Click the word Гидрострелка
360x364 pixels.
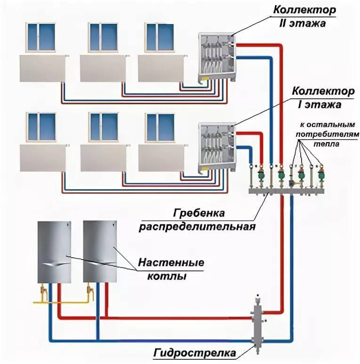(194, 353)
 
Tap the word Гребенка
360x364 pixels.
(199, 213)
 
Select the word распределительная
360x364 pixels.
(197, 226)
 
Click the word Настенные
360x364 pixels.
(171, 262)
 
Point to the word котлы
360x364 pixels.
(167, 276)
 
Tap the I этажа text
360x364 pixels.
(320, 105)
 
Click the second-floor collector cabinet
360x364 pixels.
(217, 56)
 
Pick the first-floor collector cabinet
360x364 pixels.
(217, 147)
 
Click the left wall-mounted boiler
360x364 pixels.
(54, 252)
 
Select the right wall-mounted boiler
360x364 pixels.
(100, 252)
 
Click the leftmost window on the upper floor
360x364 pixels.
(41, 37)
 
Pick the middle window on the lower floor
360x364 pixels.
(103, 127)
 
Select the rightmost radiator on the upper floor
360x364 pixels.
(161, 68)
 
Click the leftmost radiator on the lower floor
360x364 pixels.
(43, 158)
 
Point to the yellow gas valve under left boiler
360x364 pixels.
(43, 291)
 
